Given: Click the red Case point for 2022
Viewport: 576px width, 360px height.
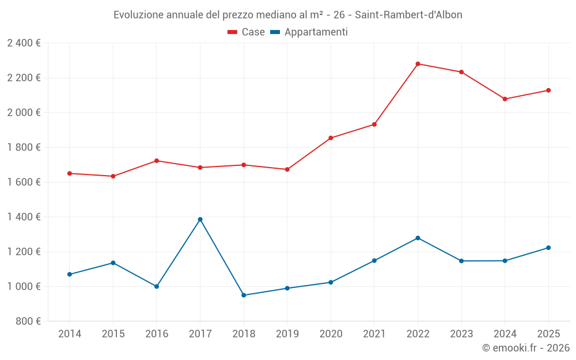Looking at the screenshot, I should tap(418, 64).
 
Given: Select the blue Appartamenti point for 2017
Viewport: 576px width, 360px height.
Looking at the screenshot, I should tap(200, 219).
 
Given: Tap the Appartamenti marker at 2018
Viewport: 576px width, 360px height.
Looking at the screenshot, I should tap(244, 295).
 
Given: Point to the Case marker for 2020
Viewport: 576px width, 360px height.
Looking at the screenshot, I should tap(331, 138).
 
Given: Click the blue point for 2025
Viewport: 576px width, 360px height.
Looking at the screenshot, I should tap(548, 248).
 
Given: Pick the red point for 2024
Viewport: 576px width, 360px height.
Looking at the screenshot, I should tap(505, 99).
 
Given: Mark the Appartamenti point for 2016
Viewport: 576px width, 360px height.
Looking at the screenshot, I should tap(157, 286).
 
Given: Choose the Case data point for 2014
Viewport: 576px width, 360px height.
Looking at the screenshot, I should tap(70, 173).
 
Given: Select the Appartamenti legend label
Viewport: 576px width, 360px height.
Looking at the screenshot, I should tap(316, 32).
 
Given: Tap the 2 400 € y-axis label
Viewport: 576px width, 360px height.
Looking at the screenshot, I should tap(24, 43).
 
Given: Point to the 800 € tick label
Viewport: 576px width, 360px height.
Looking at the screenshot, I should tap(28, 321).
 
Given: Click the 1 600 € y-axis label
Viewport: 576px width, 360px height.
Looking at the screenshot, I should tap(24, 182).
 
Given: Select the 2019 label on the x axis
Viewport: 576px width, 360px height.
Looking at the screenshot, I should tap(287, 334).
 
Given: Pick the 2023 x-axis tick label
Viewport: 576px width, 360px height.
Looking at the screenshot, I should tap(461, 334).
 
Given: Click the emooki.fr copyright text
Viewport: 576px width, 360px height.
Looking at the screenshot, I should tap(525, 348).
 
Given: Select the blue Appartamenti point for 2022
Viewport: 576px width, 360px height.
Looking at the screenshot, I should tap(418, 238).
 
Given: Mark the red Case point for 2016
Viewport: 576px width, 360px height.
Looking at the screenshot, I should tap(157, 161).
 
